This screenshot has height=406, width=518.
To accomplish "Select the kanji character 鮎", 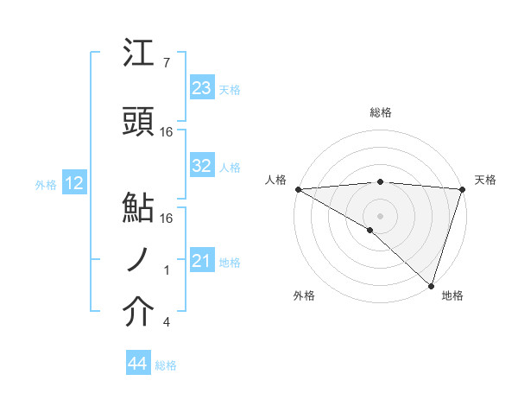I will coord(139,208).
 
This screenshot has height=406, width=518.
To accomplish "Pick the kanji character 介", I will coord(139,314).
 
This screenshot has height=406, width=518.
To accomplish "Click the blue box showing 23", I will coord(201,88).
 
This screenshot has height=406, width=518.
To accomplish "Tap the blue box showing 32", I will coord(201,166).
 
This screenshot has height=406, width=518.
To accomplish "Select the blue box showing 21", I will coord(201,261).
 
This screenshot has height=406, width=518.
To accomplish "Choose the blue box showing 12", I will coord(74,183).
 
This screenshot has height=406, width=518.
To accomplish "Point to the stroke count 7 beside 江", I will coord(166,63).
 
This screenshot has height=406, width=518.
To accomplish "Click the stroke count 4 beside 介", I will coord(166,322).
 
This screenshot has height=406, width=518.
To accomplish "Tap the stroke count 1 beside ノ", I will coord(167,270).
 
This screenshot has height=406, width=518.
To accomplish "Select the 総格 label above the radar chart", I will coord(381,112).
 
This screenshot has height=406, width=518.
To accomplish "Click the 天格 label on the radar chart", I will coord(485,180).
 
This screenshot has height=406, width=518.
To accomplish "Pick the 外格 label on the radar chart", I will coord(304,295).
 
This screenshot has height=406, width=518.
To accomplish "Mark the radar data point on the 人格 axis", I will coord(298,189).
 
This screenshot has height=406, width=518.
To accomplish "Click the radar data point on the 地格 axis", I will coord(430,284).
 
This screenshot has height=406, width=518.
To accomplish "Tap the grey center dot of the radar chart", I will coord(380,215).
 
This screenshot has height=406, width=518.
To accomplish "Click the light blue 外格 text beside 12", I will coord(46,184).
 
